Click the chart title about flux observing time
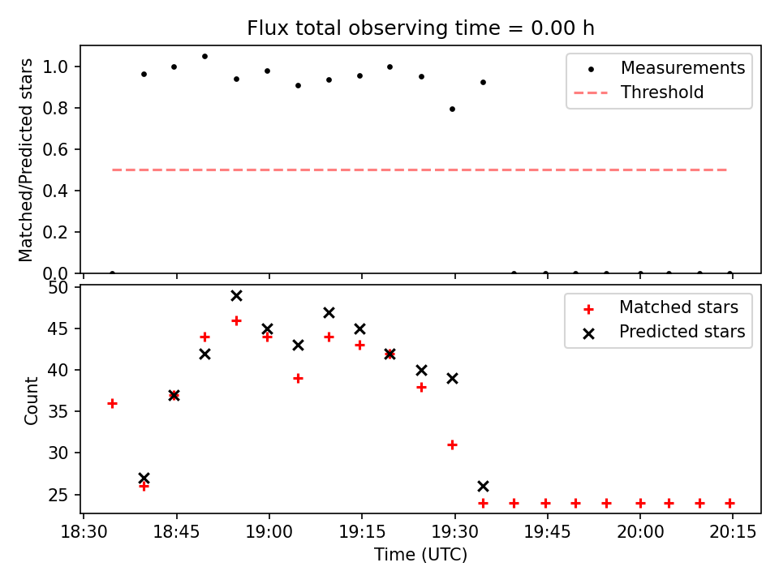tap(420, 28)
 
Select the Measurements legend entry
tap(682, 68)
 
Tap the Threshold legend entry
tap(662, 92)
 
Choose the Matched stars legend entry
tap(678, 307)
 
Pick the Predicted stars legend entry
tap(682, 332)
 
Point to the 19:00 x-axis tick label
tap(269, 534)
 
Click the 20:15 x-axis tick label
tap(733, 534)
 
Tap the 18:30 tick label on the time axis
tap(83, 534)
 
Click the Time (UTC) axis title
tap(420, 556)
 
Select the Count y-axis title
tap(32, 400)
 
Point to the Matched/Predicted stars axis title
tap(27, 160)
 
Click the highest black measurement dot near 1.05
tap(204, 56)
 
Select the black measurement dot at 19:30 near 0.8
tap(452, 109)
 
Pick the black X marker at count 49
tap(236, 295)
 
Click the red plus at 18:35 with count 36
tap(112, 403)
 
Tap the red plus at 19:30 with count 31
tap(452, 444)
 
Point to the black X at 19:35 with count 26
tap(483, 486)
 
